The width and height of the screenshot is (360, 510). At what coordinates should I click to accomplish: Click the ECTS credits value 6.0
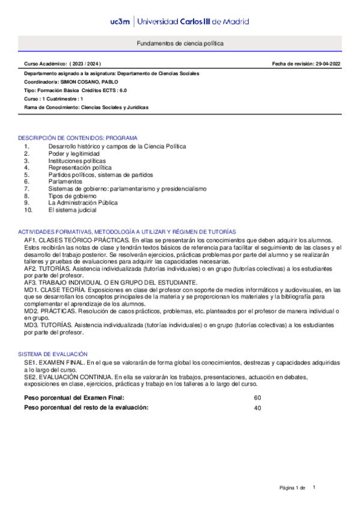pos(122,90)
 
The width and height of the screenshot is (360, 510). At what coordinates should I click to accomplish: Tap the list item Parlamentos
pos(66,181)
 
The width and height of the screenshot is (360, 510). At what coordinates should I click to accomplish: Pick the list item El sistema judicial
pos(72,210)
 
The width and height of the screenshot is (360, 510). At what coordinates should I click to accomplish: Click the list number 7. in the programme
pos(27,188)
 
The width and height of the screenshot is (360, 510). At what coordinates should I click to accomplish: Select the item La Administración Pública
pos(83,203)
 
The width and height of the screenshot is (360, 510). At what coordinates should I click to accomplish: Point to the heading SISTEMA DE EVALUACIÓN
pos(53,354)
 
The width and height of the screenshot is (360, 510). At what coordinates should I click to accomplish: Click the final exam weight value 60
pos(257,398)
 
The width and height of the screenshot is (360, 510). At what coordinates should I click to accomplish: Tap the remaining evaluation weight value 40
pos(257,408)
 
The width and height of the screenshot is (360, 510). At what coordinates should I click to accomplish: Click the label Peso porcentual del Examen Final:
pos(75,398)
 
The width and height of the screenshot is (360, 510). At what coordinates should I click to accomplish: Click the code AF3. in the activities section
pos(32,282)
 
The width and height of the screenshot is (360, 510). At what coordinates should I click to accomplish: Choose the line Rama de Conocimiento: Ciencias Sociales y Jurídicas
pos(86,107)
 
